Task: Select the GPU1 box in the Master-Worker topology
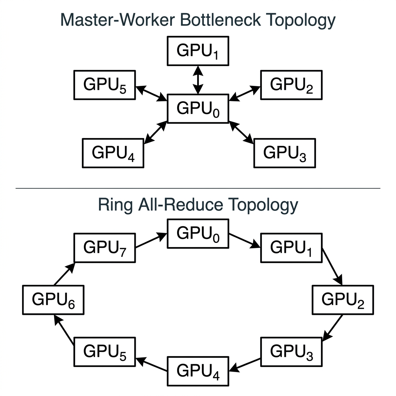click(198, 50)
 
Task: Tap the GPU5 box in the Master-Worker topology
click(104, 85)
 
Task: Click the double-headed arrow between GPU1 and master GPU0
click(198, 80)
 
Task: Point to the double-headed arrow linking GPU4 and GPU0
click(155, 131)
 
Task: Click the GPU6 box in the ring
click(53, 300)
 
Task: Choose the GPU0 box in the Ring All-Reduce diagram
click(198, 233)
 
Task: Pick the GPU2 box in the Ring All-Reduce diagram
click(343, 300)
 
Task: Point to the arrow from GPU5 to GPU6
click(64, 329)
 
